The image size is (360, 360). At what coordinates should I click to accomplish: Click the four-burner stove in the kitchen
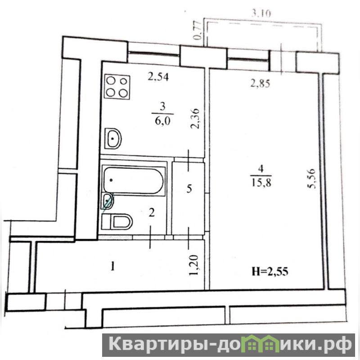click(117, 87)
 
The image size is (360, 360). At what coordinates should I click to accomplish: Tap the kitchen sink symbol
click(113, 139)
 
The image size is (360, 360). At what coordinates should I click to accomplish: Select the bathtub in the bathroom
click(133, 180)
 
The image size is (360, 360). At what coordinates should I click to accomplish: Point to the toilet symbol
click(117, 222)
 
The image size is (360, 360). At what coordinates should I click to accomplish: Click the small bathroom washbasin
click(107, 201)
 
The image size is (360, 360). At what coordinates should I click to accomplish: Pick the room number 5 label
click(189, 189)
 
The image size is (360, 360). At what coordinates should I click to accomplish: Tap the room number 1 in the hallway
click(112, 267)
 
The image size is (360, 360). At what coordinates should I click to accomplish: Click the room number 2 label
click(152, 213)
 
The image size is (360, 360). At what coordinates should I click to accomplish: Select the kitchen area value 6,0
click(162, 121)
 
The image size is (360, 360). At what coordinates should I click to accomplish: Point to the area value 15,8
click(261, 183)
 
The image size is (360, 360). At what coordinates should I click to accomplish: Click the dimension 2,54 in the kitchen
click(158, 77)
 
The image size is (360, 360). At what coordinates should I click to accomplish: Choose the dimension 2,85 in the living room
click(261, 84)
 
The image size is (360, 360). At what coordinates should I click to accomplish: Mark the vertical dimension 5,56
click(312, 179)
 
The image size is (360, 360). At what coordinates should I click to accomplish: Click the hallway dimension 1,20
click(194, 265)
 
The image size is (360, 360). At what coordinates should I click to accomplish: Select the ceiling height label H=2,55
click(270, 272)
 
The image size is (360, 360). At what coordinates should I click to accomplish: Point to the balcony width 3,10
click(261, 14)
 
